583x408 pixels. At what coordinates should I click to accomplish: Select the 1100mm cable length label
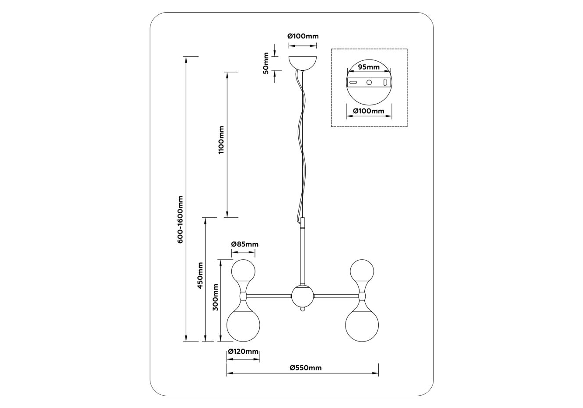point(221,140)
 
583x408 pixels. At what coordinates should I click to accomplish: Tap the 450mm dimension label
point(200,275)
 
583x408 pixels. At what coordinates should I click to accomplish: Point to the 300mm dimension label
point(215,297)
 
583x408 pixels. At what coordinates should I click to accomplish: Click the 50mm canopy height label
point(266,63)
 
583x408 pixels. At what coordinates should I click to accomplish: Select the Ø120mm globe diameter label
point(244,352)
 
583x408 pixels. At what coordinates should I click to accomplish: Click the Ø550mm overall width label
point(305,368)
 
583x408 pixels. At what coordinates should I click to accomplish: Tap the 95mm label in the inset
point(369,67)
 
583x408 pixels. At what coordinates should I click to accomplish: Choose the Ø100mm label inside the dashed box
point(369,111)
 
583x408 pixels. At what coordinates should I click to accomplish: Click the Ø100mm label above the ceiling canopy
point(303,36)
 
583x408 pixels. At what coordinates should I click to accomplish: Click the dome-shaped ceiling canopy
point(303,62)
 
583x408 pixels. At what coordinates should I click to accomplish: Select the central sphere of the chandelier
point(302,296)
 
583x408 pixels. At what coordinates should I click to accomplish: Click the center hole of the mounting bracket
point(369,82)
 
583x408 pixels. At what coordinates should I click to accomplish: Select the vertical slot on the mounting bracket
point(385,82)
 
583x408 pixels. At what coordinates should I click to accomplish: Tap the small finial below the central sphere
point(302,309)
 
